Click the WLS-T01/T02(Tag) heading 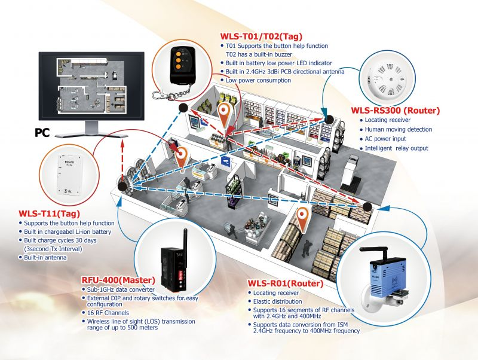(x=261, y=36)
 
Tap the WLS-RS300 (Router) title (x=396, y=110)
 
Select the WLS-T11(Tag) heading (x=50, y=213)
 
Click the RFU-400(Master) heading (x=118, y=280)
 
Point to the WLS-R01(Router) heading (x=286, y=283)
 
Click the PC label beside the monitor (x=42, y=133)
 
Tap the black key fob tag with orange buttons (x=182, y=65)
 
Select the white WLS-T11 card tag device (x=71, y=175)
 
